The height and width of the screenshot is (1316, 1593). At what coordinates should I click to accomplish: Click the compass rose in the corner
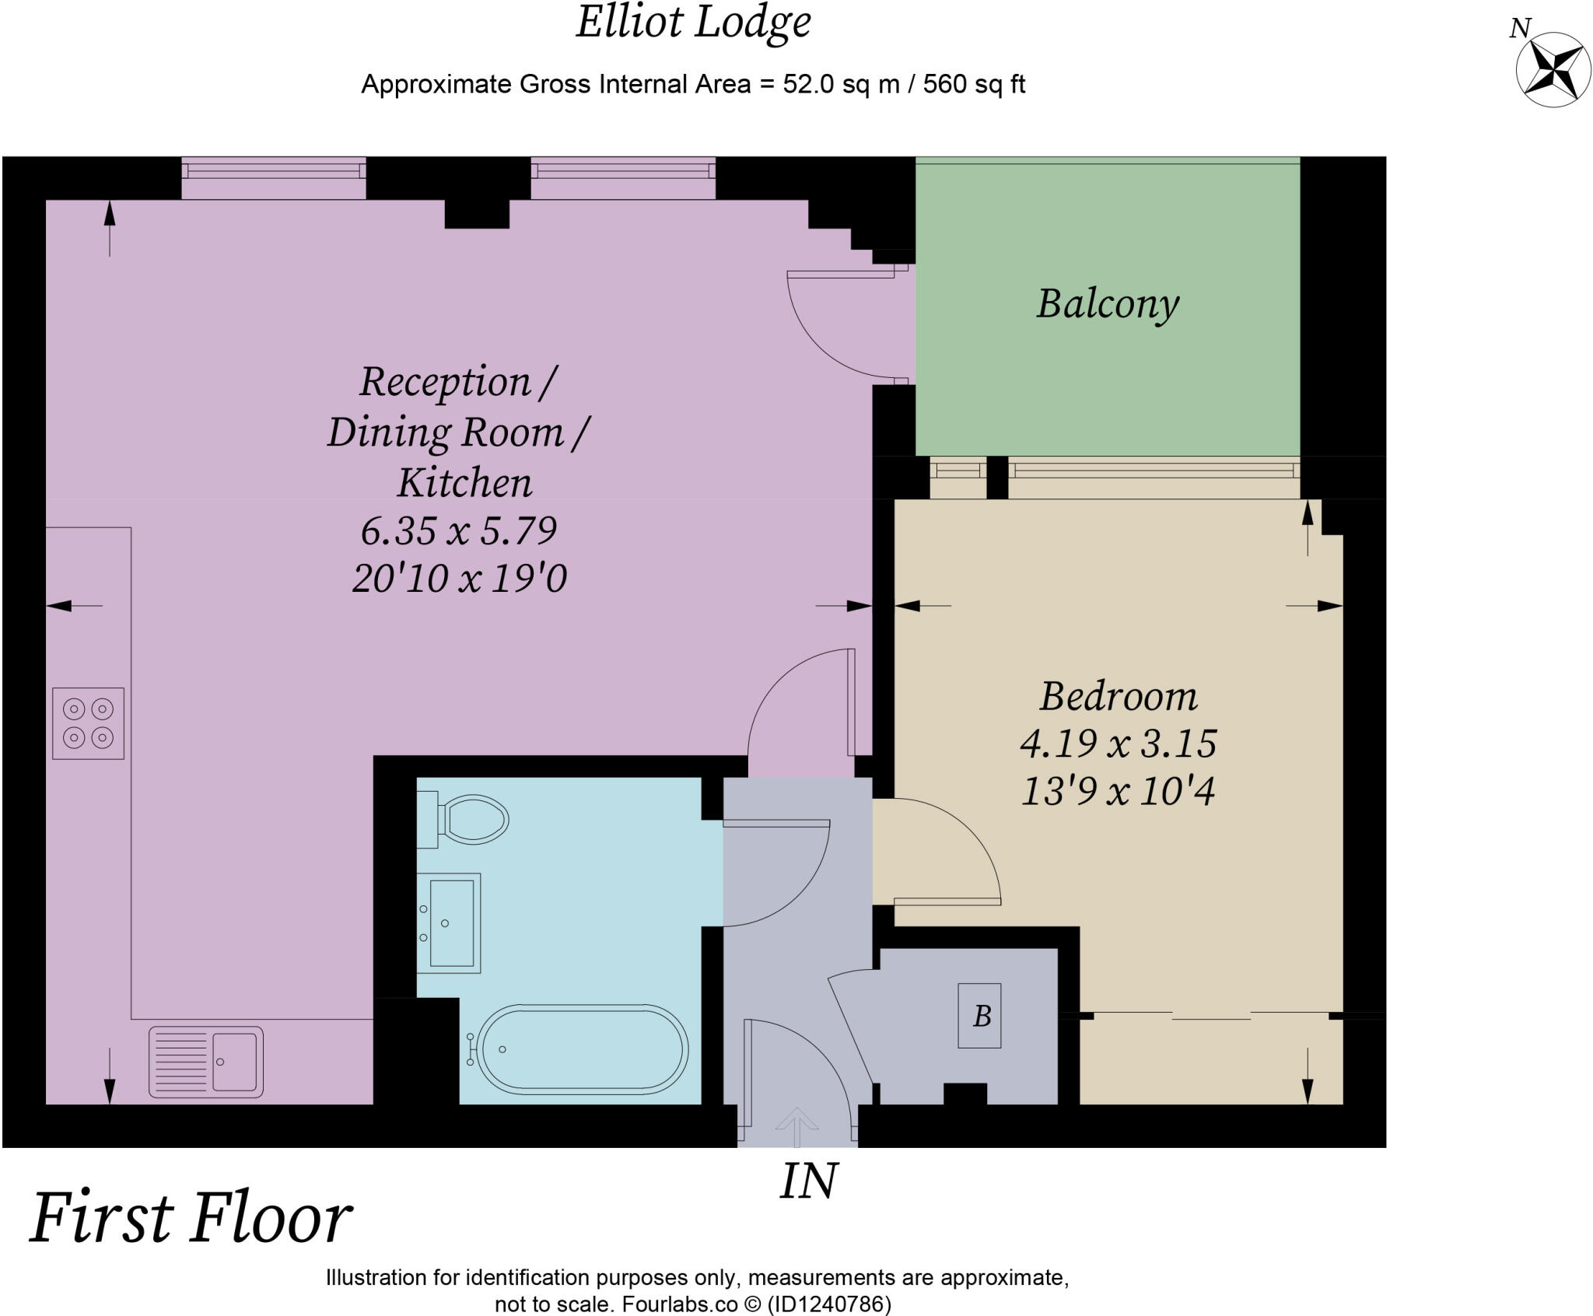click(x=1553, y=70)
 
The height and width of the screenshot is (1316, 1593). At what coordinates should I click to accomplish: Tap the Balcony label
click(x=1108, y=304)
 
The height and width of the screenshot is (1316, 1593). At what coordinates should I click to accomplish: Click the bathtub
click(x=580, y=1048)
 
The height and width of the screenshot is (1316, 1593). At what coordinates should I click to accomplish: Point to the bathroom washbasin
click(x=449, y=923)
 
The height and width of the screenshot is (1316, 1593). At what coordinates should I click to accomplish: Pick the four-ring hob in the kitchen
click(x=88, y=723)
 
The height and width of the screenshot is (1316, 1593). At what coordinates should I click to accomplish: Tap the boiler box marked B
click(x=979, y=1016)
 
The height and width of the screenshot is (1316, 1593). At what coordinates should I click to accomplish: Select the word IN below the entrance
click(x=809, y=1181)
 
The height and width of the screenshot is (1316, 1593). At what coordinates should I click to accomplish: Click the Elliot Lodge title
click(x=694, y=22)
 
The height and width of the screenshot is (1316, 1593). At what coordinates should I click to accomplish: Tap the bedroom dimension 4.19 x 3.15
click(x=1119, y=744)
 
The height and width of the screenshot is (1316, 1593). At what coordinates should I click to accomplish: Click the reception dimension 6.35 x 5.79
click(x=459, y=531)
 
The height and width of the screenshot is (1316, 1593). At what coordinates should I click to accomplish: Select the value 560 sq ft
click(x=974, y=84)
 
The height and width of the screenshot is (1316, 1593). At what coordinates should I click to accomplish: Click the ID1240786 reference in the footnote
click(x=829, y=1304)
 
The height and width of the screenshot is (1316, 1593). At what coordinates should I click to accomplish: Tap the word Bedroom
click(x=1119, y=696)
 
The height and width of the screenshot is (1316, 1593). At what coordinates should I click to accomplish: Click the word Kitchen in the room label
click(x=464, y=483)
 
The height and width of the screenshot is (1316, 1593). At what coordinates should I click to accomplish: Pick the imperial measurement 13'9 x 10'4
click(x=1118, y=792)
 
